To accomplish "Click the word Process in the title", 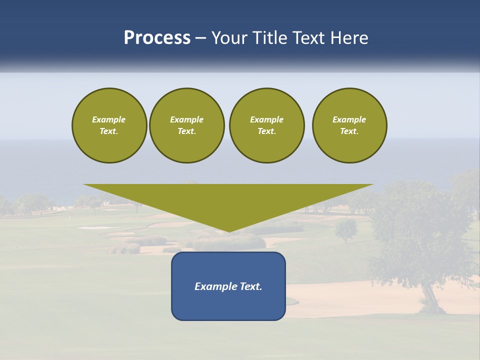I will coord(157,38).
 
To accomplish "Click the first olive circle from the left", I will coord(109,125).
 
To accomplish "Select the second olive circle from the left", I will coord(186,125).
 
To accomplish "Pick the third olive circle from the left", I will coord(266,125).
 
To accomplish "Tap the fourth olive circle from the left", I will coord(349,125).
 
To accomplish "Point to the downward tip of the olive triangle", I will coord(228,230).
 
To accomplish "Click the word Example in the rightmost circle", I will coord(349,119).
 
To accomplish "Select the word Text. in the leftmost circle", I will coord(109,131).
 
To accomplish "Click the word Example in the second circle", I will coord(186,119).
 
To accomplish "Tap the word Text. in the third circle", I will coord(266,131).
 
